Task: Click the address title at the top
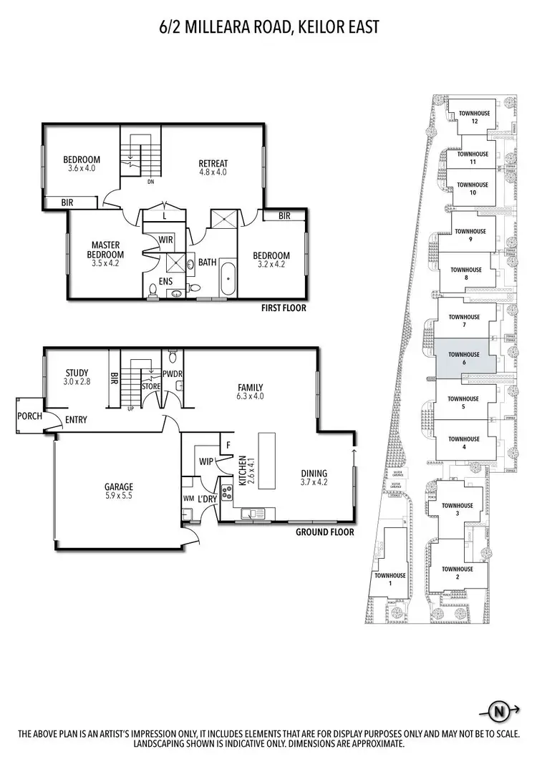pyautogui.click(x=268, y=27)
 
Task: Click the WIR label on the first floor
pyautogui.click(x=165, y=239)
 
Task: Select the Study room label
pyautogui.click(x=76, y=373)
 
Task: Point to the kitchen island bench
pyautogui.click(x=268, y=459)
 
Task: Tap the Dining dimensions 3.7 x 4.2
pyautogui.click(x=314, y=483)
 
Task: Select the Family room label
pyautogui.click(x=251, y=386)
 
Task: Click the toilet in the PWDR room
pyautogui.click(x=172, y=355)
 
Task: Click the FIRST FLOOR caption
pyautogui.click(x=284, y=308)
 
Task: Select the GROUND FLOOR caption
pyautogui.click(x=325, y=532)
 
